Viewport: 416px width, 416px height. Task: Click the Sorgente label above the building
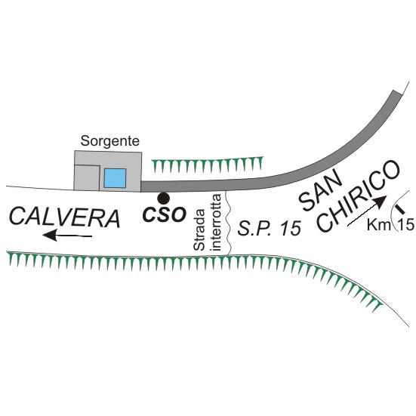tap(109, 141)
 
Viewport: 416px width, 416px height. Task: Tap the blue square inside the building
tap(115, 178)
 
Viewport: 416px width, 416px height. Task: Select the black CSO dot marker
tap(163, 198)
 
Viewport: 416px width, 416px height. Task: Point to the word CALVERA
tap(65, 218)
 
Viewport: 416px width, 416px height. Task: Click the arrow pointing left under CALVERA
tap(67, 236)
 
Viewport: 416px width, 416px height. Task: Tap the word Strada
tap(199, 230)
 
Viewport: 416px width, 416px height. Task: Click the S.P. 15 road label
tap(270, 228)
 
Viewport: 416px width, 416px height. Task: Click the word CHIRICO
tap(359, 196)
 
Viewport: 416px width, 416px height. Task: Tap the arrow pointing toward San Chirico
tap(367, 211)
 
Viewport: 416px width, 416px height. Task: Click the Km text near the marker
tap(379, 225)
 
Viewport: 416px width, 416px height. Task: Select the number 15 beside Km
tap(406, 225)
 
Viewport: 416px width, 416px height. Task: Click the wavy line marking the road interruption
tap(228, 223)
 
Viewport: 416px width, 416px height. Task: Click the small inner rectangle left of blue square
tap(87, 177)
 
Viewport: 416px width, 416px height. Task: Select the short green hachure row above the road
tap(207, 164)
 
